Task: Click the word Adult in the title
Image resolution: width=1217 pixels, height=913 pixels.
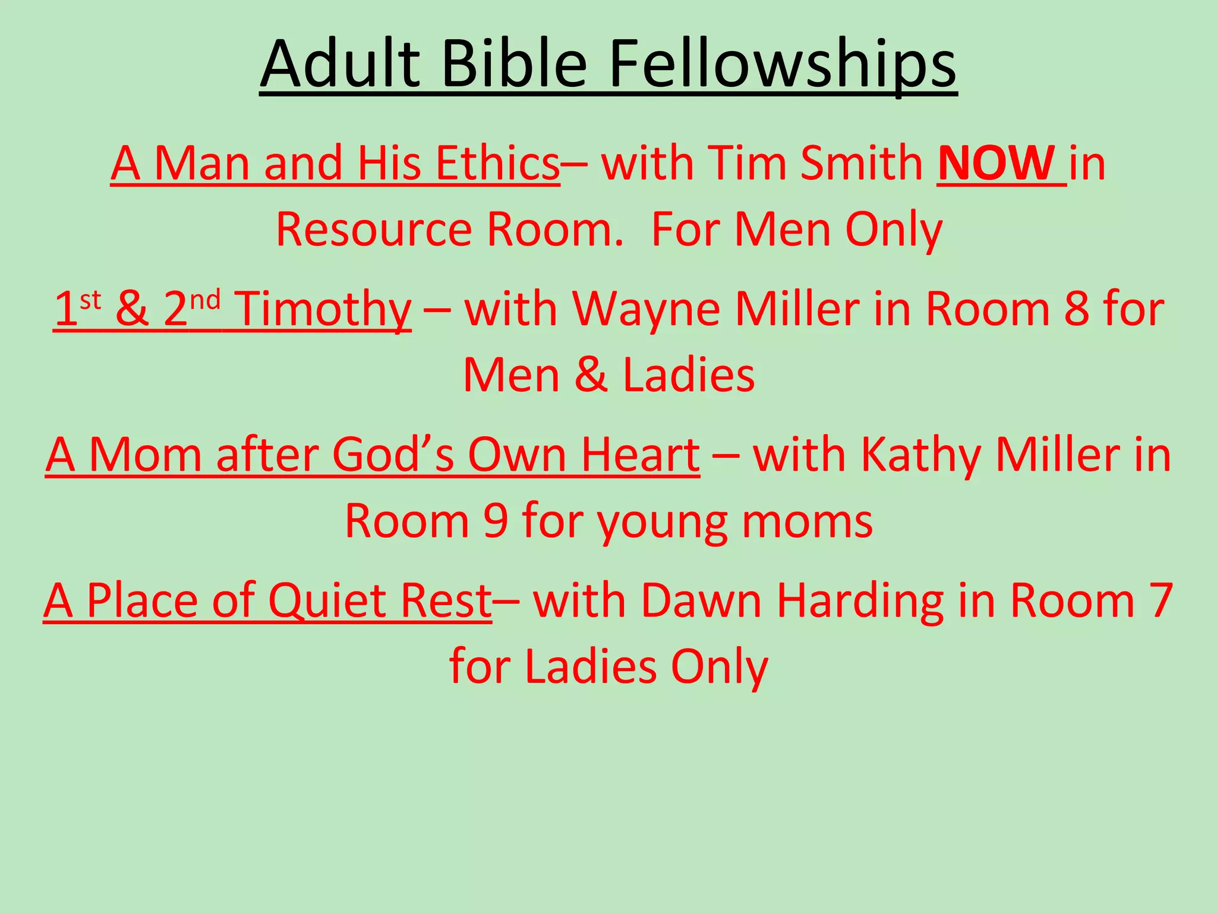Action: pyautogui.click(x=340, y=64)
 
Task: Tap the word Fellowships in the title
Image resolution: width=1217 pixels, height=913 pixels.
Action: pyautogui.click(x=783, y=64)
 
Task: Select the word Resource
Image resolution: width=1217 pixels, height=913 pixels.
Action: pyautogui.click(x=373, y=229)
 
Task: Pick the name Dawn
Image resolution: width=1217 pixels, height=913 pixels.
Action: pyautogui.click(x=701, y=600)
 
